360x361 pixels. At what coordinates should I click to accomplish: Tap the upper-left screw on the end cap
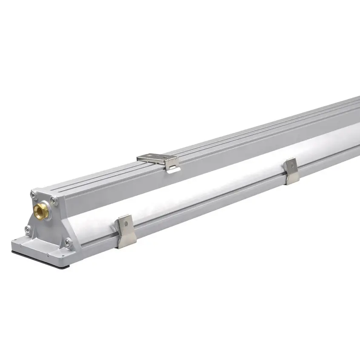[x=33, y=195]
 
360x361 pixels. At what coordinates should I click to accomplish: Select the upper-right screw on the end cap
[x=53, y=200]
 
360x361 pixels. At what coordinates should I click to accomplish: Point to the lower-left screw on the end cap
[x=28, y=230]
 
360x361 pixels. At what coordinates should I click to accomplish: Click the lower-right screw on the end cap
[x=67, y=242]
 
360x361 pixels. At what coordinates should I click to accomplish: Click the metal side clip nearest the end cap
[x=126, y=231]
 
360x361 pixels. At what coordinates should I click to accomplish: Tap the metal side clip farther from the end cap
[x=292, y=171]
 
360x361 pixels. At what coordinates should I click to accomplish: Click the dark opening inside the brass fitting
[x=41, y=210]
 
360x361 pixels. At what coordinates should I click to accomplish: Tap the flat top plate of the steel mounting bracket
[x=153, y=158]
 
